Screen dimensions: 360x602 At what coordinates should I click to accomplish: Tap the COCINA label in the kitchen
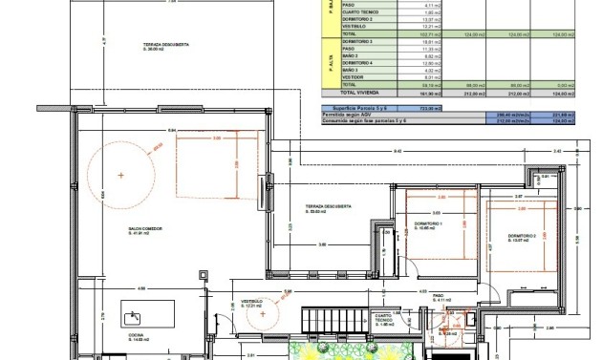[x=137, y=336]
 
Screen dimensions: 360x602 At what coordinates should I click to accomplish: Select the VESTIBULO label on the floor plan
[x=252, y=303]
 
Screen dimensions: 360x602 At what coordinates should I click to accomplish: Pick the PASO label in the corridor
[x=438, y=298]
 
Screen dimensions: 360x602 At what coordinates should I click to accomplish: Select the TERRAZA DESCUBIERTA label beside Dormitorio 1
[x=328, y=208]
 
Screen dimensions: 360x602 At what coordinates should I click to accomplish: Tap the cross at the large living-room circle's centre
[x=120, y=176]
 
